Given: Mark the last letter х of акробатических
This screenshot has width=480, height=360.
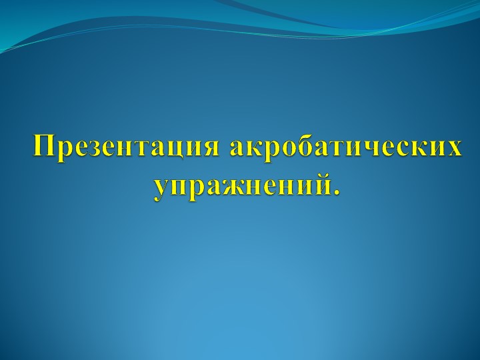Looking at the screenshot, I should pyautogui.click(x=453, y=148).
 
